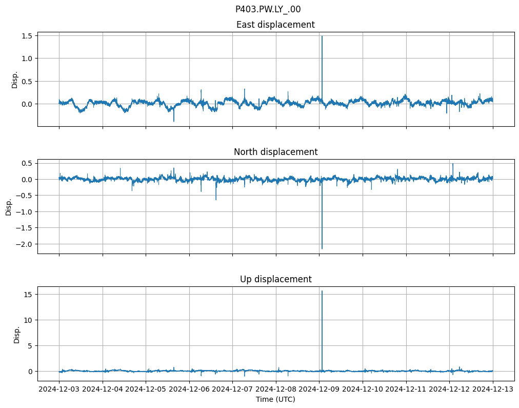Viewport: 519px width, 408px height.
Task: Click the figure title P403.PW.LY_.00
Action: (x=268, y=9)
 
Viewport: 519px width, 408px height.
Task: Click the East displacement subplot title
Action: (x=275, y=25)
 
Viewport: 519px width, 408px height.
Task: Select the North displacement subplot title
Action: (x=275, y=152)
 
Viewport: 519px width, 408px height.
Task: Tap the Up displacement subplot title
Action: (x=275, y=279)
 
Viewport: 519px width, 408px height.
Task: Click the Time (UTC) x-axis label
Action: (x=275, y=399)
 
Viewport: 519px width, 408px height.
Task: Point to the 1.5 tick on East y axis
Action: (x=27, y=36)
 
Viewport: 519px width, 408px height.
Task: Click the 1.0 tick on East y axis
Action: (x=27, y=59)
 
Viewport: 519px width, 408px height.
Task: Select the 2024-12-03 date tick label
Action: (x=59, y=390)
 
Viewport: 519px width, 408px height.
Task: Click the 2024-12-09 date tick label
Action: (x=320, y=390)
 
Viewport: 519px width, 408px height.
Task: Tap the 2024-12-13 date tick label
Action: (x=493, y=390)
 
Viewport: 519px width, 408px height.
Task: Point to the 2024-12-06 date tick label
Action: (x=189, y=390)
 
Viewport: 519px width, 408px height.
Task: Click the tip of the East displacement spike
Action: (x=322, y=36)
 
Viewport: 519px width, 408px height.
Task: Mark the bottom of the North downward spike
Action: (x=322, y=249)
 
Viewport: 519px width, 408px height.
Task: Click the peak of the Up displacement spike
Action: (x=322, y=291)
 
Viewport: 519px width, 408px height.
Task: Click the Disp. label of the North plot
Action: (x=9, y=206)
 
